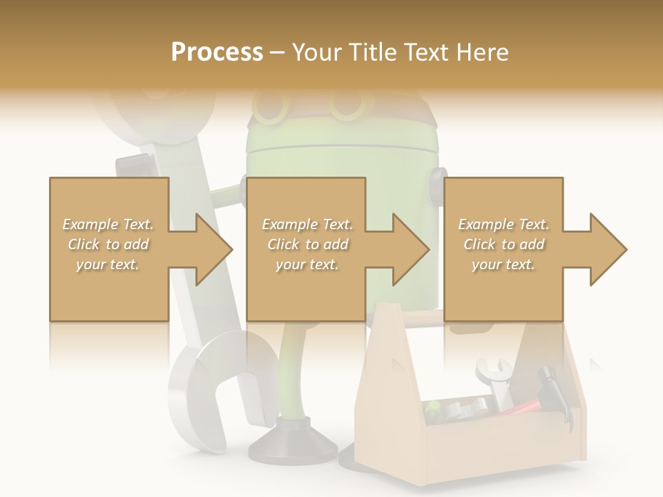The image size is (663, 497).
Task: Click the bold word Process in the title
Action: [217, 52]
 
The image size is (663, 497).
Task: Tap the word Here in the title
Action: [483, 52]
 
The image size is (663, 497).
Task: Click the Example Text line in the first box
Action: [108, 224]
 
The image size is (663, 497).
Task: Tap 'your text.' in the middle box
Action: [307, 264]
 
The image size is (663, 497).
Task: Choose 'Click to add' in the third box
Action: [503, 244]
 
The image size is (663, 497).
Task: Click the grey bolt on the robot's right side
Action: [437, 183]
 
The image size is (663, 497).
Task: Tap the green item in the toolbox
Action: [433, 411]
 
